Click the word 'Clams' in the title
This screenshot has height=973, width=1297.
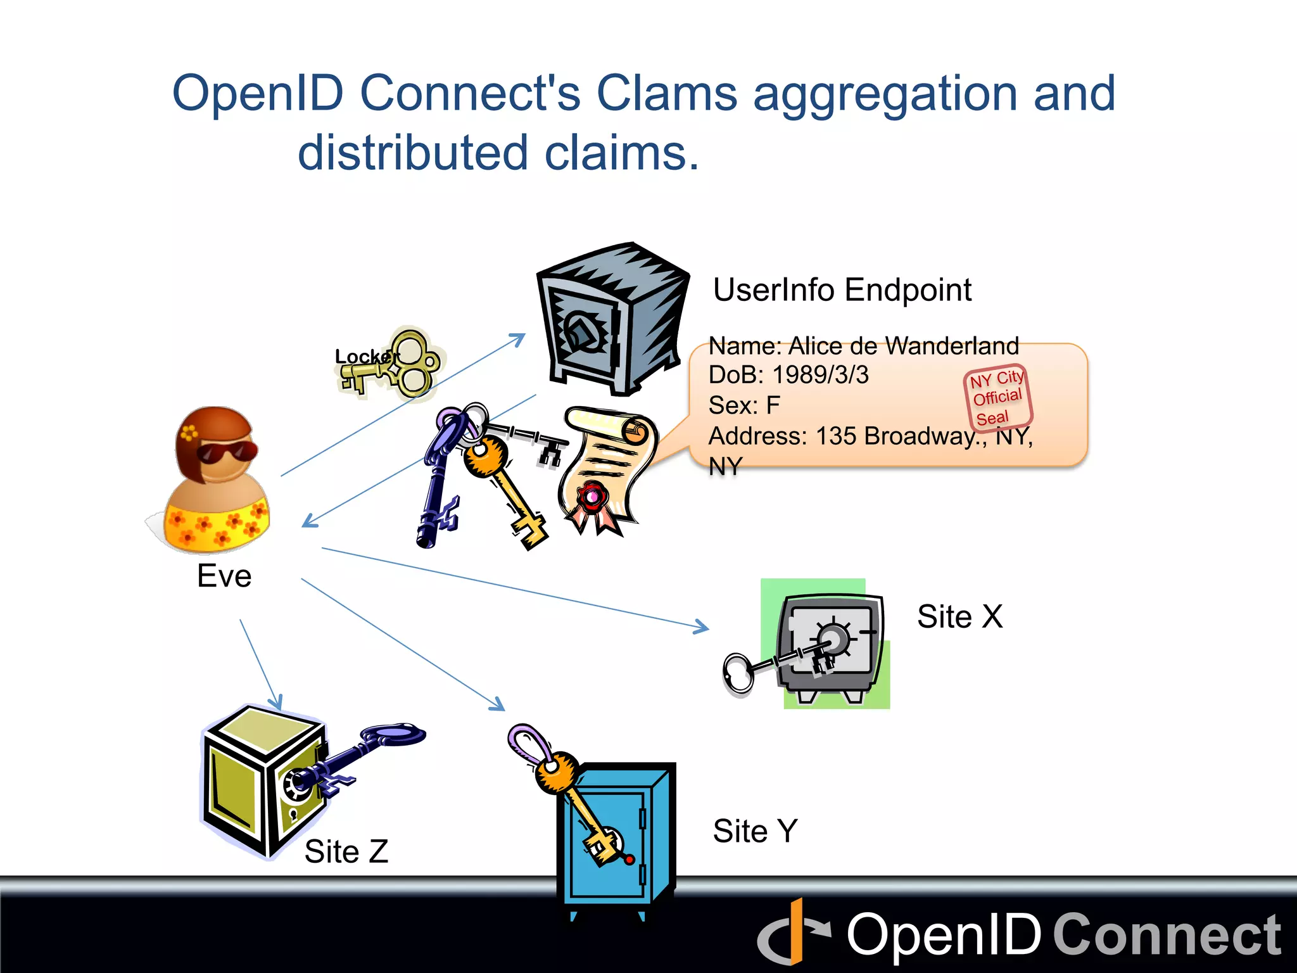point(666,94)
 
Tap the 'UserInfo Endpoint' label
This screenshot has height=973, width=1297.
point(842,290)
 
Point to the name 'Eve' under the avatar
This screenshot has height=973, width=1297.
point(224,576)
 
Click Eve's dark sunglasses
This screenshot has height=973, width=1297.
point(227,452)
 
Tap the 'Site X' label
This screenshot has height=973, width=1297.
point(959,616)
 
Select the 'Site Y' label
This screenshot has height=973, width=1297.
point(755,831)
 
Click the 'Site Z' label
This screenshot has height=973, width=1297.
point(346,851)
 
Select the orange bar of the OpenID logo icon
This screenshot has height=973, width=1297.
point(796,931)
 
